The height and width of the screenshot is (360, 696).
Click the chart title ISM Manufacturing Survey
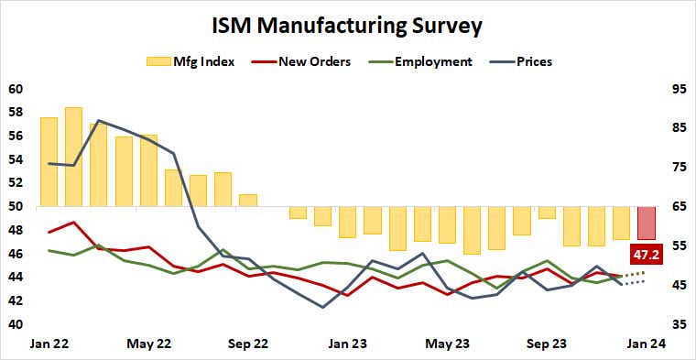pos(348,25)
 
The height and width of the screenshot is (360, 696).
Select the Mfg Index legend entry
pos(190,61)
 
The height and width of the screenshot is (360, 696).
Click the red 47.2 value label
pos(647,254)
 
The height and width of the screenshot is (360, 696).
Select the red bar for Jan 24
pos(647,223)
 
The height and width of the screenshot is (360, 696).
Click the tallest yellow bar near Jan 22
pos(73,157)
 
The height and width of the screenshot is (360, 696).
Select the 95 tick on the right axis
pos(678,90)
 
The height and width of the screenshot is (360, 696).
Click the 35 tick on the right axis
pos(678,324)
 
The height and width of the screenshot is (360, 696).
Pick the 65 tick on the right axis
pos(678,207)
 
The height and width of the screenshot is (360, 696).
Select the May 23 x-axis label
pos(447,344)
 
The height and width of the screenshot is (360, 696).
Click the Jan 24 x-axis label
pos(646,344)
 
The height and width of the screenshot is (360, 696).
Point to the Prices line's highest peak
pos(98,121)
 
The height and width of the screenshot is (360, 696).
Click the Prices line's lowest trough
pos(322,307)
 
